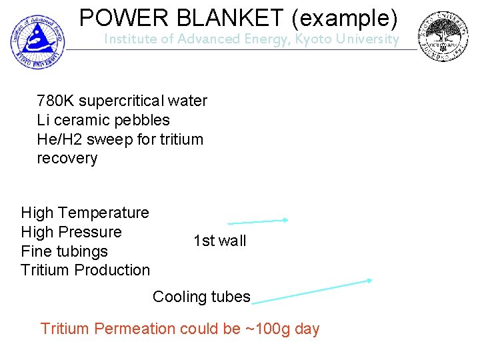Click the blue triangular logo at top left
point(37,38)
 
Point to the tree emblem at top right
point(443,37)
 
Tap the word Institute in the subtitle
point(132,39)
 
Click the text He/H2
point(59,139)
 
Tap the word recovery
point(67,159)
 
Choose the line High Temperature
point(85,213)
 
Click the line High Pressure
point(71,232)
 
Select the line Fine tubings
point(64,251)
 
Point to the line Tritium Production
point(85,270)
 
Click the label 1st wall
point(219,241)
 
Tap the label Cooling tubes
point(201,297)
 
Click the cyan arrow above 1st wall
point(257,221)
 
